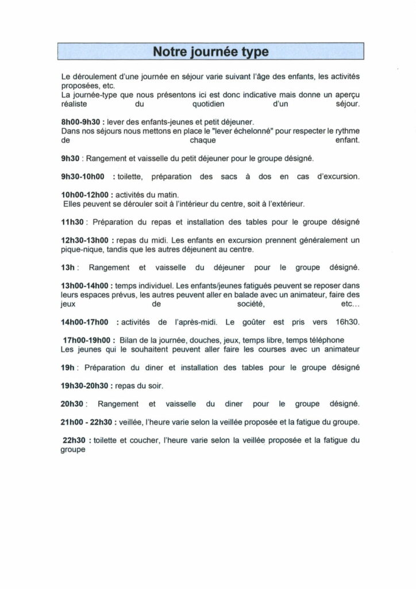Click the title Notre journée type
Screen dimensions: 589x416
pyautogui.click(x=211, y=52)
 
